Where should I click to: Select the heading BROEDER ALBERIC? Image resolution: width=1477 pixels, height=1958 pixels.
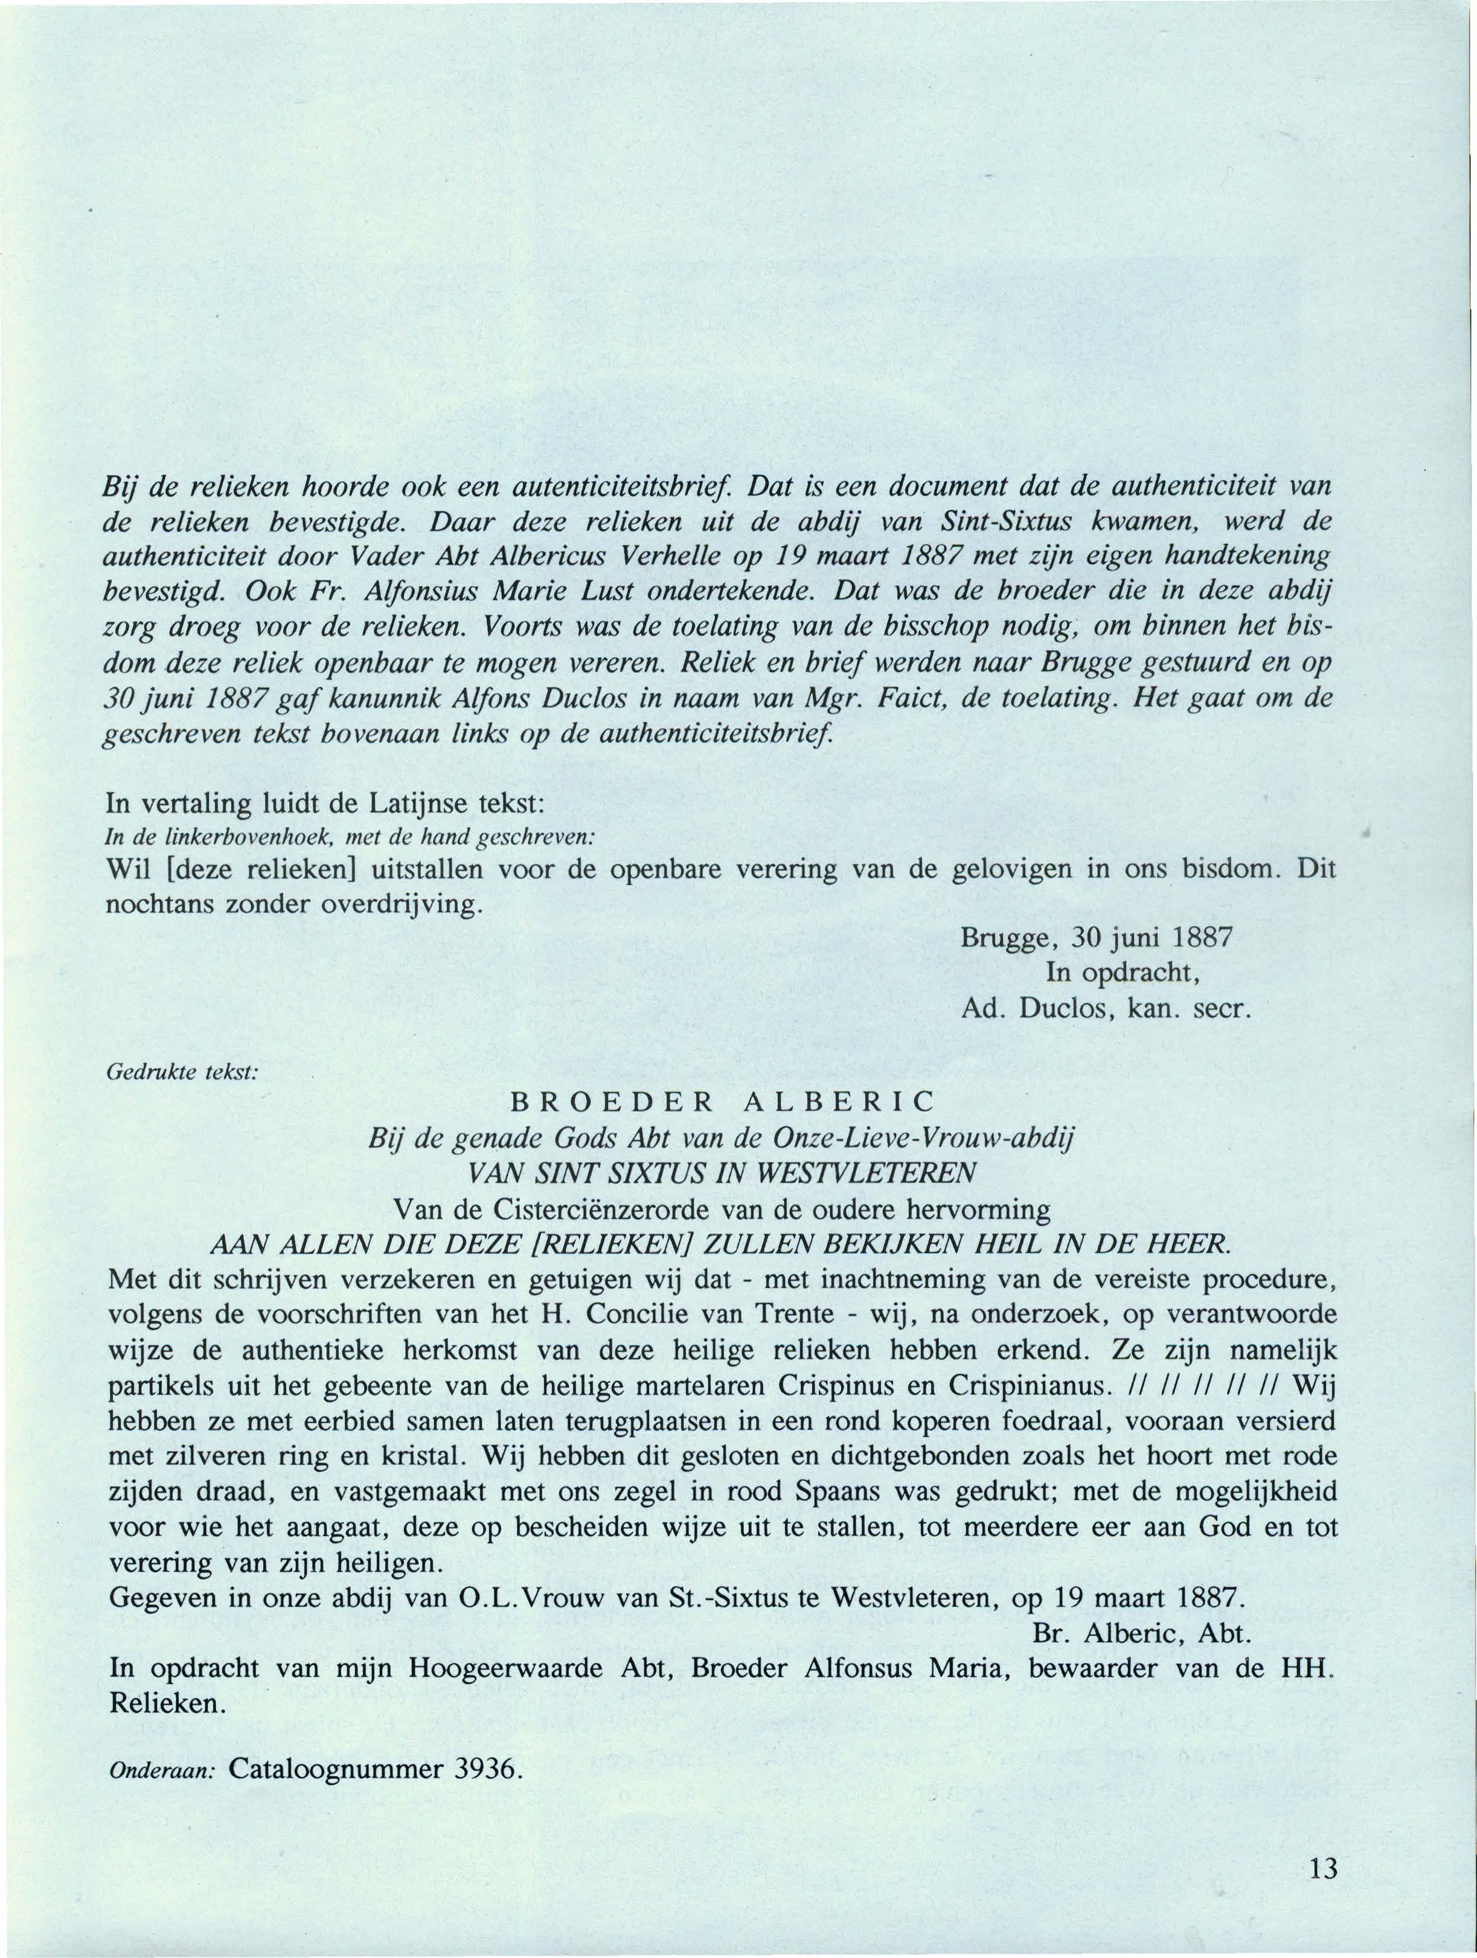pyautogui.click(x=723, y=1101)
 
